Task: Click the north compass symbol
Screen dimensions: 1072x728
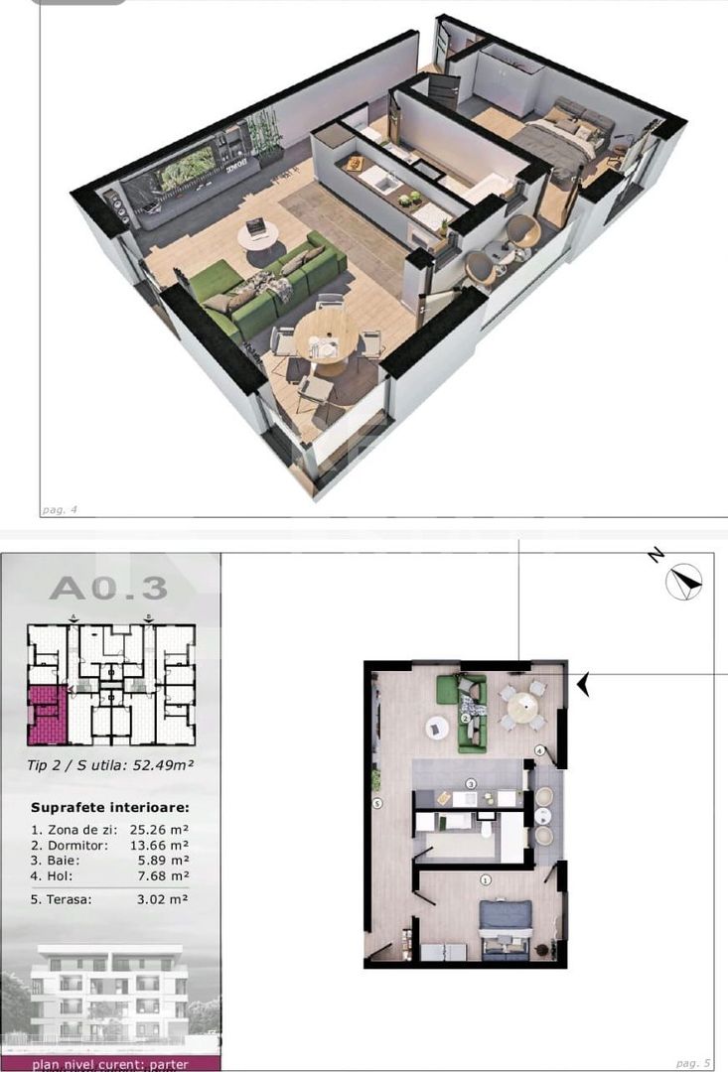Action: pos(684,581)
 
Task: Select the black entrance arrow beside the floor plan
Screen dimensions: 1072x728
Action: pos(584,684)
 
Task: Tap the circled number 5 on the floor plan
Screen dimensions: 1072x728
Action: pos(377,804)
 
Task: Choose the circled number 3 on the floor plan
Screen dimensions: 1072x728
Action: pos(472,784)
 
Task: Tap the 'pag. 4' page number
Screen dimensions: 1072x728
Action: pos(60,510)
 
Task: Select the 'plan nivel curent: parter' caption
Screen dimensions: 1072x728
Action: pos(109,1064)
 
